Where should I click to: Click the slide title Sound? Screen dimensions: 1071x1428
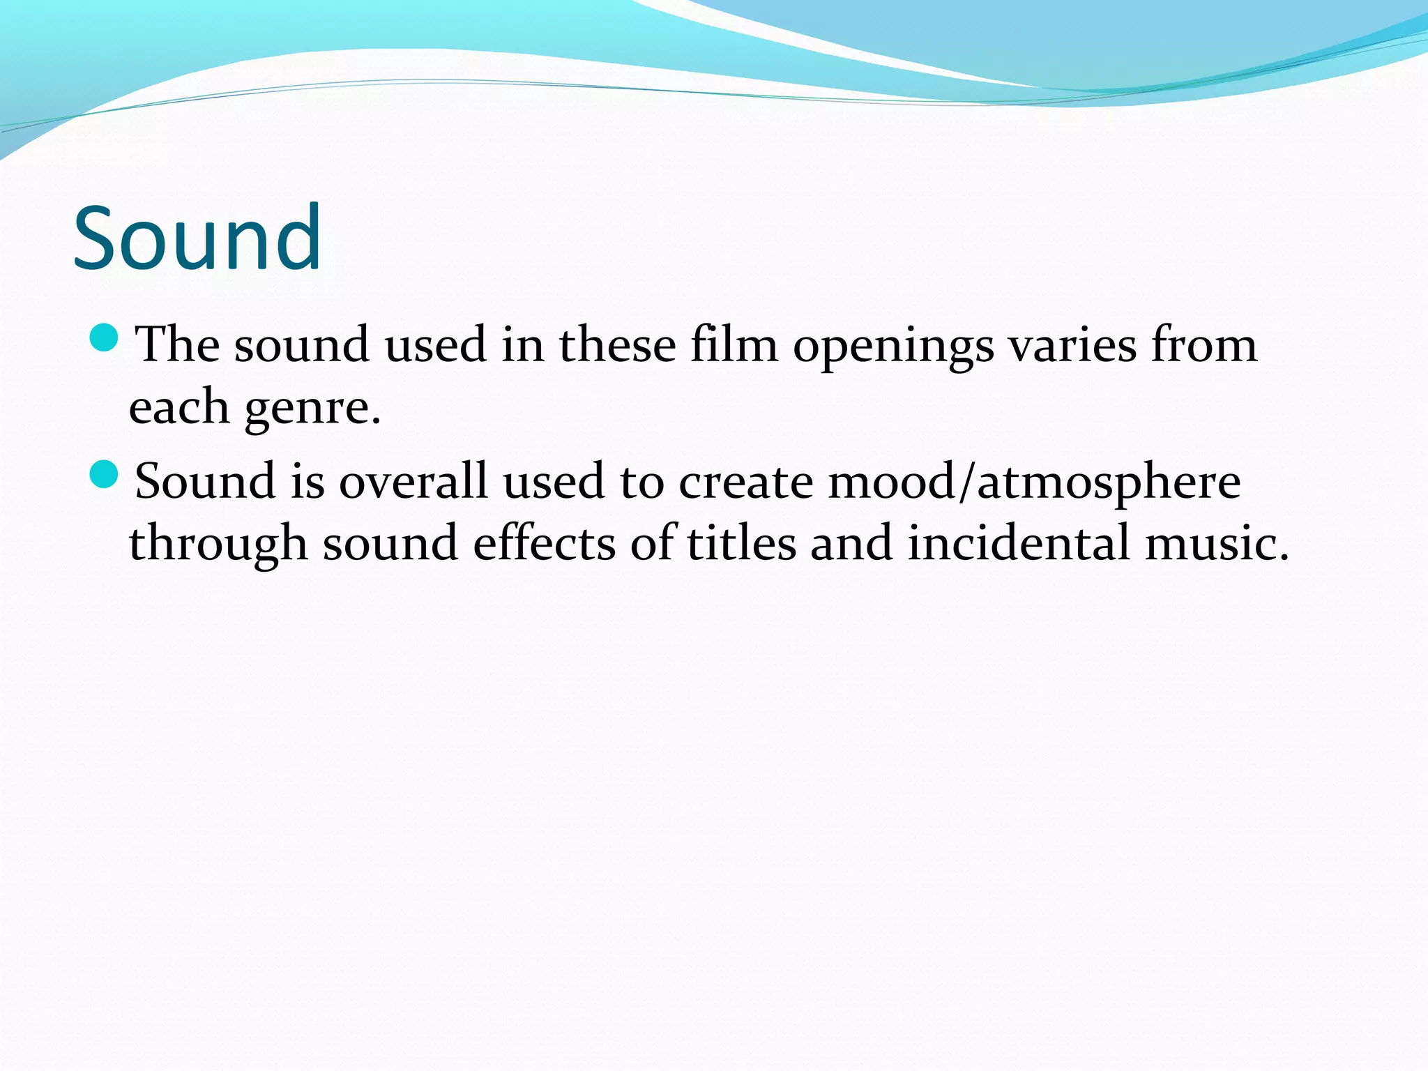[x=197, y=238]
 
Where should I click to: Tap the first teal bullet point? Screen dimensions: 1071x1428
[x=105, y=338]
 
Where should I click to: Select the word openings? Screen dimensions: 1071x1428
[x=893, y=347]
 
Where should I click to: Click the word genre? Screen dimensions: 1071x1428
[x=312, y=408]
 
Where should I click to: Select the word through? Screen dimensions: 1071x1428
[x=218, y=544]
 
